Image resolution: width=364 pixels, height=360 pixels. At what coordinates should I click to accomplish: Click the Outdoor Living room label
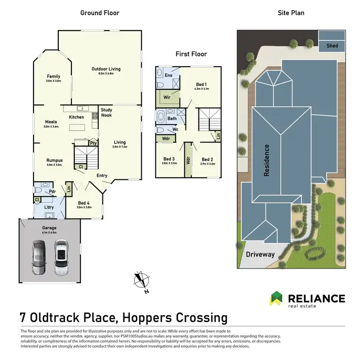pyautogui.click(x=106, y=69)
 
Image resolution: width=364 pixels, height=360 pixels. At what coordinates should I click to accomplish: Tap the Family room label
pyautogui.click(x=53, y=76)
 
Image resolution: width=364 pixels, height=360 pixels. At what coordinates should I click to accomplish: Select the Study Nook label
pyautogui.click(x=106, y=112)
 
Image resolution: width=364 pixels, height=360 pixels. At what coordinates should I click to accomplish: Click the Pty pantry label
pyautogui.click(x=92, y=143)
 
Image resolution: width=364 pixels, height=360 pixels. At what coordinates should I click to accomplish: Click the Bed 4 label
pyautogui.click(x=83, y=203)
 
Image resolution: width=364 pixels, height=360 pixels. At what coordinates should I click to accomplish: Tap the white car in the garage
pyautogui.click(x=62, y=257)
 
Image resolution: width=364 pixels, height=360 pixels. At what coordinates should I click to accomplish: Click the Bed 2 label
pyautogui.click(x=207, y=159)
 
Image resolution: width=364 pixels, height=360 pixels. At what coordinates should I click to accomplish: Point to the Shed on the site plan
pyautogui.click(x=332, y=46)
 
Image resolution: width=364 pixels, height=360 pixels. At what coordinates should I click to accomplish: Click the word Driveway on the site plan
pyautogui.click(x=260, y=254)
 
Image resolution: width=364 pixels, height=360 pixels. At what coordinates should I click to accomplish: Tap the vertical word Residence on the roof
pyautogui.click(x=266, y=160)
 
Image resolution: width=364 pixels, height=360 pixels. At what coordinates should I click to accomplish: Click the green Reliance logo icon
pyautogui.click(x=277, y=298)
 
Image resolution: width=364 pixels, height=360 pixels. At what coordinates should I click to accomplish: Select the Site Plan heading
pyautogui.click(x=291, y=13)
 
